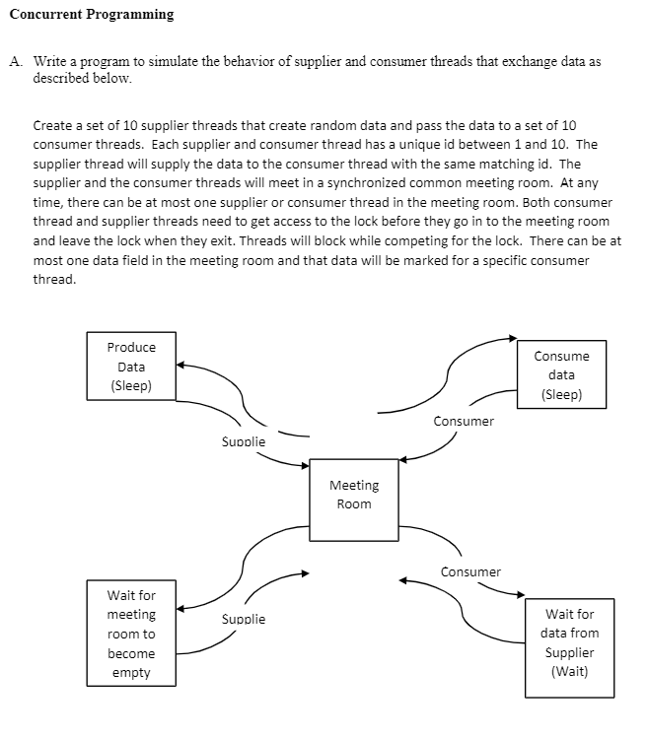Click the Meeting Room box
click(x=353, y=499)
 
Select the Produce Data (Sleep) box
click(x=131, y=367)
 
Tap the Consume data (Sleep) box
click(x=561, y=375)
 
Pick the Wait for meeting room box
click(x=131, y=634)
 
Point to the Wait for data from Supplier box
click(x=570, y=642)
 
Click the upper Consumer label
click(x=464, y=421)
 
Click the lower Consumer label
click(x=470, y=571)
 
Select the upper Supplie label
click(x=243, y=441)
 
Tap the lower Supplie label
click(x=243, y=619)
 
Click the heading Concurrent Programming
click(x=91, y=14)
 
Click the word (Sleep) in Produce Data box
click(x=131, y=385)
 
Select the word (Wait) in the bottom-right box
click(x=570, y=671)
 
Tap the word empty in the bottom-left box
click(x=131, y=672)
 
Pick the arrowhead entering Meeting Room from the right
click(x=405, y=459)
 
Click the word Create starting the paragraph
click(x=51, y=126)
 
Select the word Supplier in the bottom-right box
click(x=570, y=652)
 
